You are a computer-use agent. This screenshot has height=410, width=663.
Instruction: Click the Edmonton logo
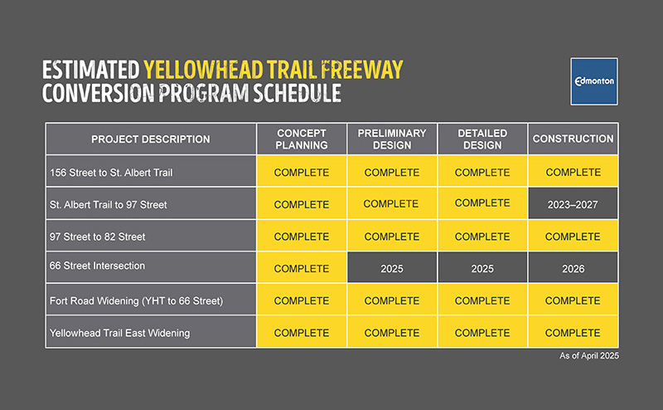(x=593, y=81)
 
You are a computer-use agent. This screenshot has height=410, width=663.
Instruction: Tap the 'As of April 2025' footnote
(x=589, y=355)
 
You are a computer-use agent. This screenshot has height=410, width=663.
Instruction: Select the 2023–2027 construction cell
(x=573, y=204)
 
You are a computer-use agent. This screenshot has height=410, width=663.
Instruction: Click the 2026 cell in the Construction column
(x=573, y=269)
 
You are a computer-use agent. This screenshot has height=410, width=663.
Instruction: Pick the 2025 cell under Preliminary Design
(x=392, y=269)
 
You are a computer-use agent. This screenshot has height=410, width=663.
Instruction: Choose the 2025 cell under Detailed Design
(x=482, y=269)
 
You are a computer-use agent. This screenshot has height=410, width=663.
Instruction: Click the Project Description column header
(x=151, y=139)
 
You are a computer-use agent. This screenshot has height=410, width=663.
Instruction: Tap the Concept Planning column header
(x=302, y=139)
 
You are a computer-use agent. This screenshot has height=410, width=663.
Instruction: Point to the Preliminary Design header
(x=392, y=139)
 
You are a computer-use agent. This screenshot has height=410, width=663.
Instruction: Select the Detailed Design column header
(x=482, y=139)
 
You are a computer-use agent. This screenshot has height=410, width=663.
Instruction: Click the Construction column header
(x=573, y=139)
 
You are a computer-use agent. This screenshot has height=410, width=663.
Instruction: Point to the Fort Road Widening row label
(x=137, y=300)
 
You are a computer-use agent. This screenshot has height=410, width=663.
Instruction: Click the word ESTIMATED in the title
(x=90, y=70)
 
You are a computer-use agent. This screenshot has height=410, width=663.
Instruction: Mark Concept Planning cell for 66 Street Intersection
(x=302, y=269)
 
